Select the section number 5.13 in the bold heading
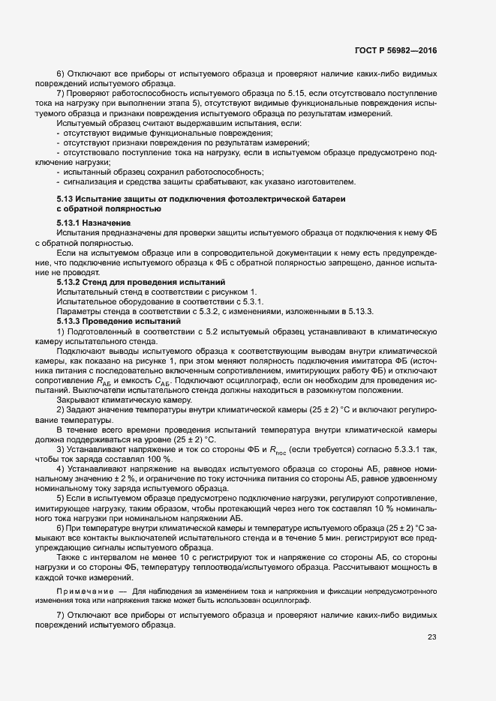click(65, 218)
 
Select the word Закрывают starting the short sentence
click(78, 400)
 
